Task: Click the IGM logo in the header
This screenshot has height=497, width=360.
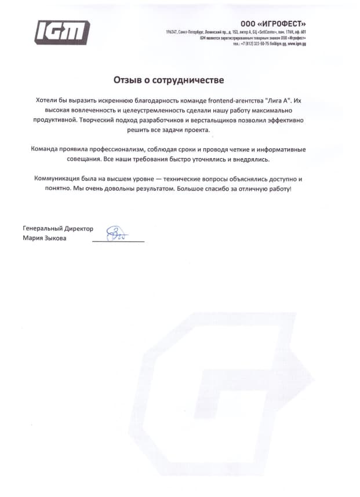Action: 62,32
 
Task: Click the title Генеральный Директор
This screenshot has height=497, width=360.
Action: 58,228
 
